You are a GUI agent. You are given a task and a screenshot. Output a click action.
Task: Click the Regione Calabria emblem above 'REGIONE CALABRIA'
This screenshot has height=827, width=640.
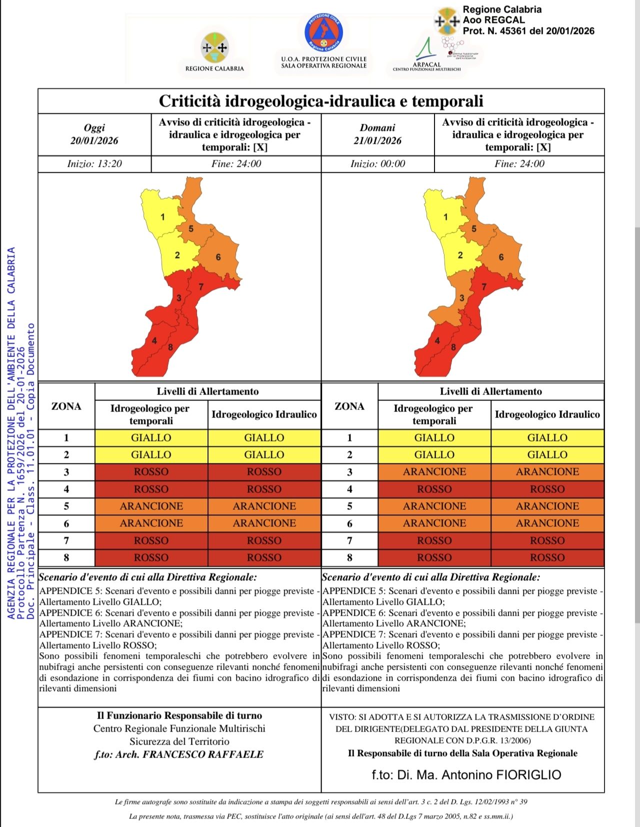[x=214, y=47]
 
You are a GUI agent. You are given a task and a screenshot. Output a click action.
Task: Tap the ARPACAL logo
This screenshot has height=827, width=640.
[x=426, y=50]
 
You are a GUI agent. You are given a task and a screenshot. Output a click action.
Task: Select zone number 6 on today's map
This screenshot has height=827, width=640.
[x=218, y=257]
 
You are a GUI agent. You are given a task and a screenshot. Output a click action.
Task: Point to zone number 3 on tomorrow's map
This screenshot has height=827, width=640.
[x=461, y=298]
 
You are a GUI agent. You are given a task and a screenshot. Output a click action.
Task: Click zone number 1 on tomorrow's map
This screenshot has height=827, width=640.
[x=445, y=217]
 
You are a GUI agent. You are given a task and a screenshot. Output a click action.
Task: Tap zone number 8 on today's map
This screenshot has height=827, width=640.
[x=170, y=347]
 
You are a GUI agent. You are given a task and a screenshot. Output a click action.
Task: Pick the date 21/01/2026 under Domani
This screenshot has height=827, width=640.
[x=377, y=141]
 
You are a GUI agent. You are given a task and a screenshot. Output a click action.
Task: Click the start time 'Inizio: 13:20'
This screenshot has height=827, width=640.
[x=94, y=164]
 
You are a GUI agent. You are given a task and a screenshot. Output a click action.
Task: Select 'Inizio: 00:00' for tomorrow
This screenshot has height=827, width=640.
[x=377, y=164]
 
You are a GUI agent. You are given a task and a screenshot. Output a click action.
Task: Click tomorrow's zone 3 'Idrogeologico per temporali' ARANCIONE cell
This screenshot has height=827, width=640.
[x=434, y=472]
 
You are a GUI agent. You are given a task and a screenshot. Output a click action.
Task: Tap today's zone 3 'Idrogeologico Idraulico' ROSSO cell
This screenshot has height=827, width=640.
[x=264, y=472]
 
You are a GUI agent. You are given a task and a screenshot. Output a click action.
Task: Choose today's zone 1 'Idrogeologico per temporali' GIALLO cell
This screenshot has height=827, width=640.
[x=151, y=438]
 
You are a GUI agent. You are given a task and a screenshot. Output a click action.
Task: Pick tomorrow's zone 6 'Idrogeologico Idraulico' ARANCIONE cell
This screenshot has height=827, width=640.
[x=547, y=523]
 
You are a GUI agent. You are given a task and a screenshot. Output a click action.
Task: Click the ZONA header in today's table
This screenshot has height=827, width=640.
[x=66, y=407]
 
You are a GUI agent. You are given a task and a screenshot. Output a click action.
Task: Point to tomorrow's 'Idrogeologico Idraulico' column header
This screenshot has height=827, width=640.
[x=547, y=414]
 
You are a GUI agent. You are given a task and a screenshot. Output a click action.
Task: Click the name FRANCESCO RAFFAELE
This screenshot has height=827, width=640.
[x=203, y=755]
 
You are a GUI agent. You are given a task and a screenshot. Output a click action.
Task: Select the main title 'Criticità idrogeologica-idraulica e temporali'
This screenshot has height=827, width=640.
[x=321, y=101]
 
